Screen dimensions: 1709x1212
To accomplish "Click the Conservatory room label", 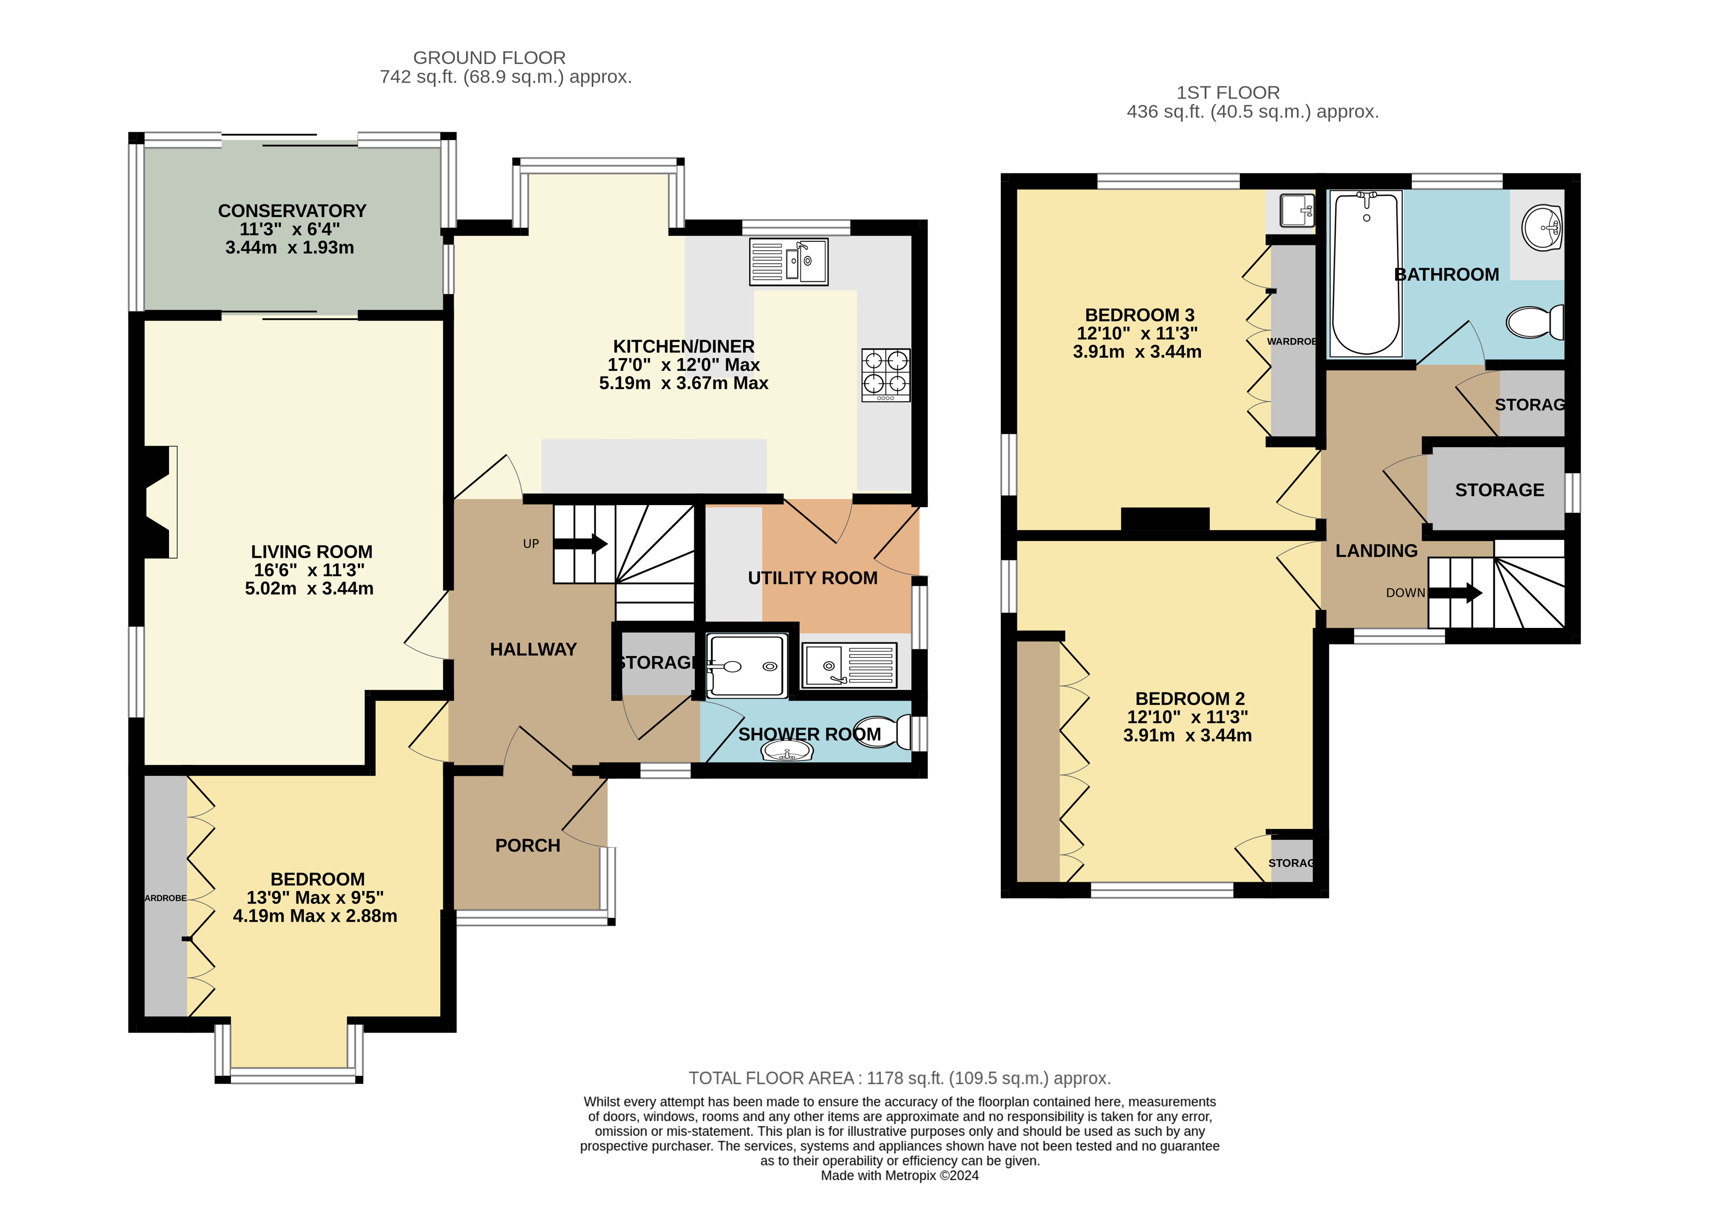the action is (292, 211).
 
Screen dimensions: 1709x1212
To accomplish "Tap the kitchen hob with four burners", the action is (886, 375).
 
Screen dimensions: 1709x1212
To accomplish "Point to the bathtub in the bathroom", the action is (1366, 273).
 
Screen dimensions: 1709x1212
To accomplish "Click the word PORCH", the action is (528, 846).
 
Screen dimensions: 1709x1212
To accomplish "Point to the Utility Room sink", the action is (849, 665).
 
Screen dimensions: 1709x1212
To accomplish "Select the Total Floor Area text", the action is (899, 1079).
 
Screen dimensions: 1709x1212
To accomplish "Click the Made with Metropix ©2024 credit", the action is (899, 1176).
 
